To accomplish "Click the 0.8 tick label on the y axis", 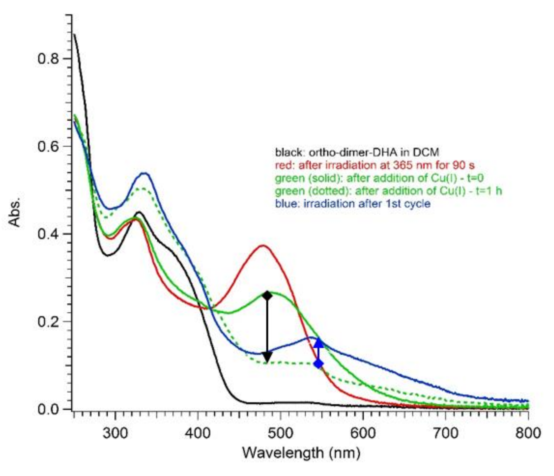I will [x=48, y=59].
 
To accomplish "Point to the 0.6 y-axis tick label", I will [x=48, y=147].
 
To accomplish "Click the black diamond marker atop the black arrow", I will [x=267, y=296].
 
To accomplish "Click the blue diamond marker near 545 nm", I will [x=319, y=364].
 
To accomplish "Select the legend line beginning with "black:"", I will [x=357, y=152].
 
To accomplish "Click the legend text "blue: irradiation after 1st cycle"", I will [x=353, y=204].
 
